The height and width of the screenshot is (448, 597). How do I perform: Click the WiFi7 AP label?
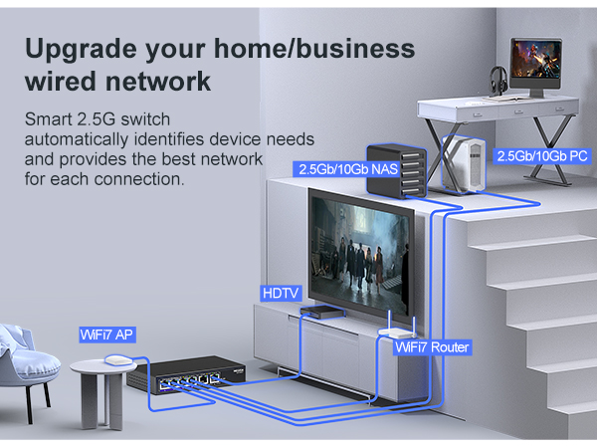[107, 335]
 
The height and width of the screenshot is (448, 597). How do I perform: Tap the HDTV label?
[281, 293]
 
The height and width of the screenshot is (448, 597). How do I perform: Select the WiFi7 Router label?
[432, 347]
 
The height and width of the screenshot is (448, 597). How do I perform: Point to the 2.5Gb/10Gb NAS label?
[348, 169]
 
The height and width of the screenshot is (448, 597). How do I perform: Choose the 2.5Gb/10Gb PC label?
[542, 156]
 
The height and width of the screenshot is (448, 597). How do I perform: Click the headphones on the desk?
[497, 80]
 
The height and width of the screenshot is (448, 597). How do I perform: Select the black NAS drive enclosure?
[396, 171]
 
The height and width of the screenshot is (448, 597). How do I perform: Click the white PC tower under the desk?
[464, 164]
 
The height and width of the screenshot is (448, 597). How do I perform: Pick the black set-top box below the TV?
[322, 312]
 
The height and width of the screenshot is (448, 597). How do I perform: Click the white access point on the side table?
[118, 359]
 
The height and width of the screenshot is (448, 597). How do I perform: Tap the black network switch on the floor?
[186, 374]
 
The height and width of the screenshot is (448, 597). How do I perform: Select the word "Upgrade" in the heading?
[81, 50]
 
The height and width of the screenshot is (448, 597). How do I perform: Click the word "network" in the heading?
[157, 82]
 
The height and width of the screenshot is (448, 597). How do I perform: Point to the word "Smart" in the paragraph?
[49, 119]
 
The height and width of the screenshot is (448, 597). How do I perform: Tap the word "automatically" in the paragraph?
[77, 139]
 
